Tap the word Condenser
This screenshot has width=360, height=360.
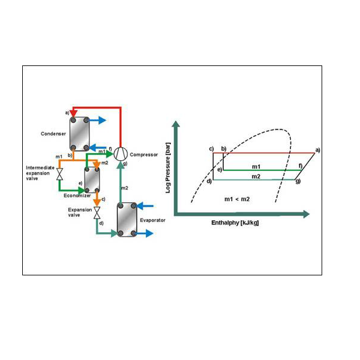(x=53, y=133)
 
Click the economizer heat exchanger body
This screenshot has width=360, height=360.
(x=93, y=179)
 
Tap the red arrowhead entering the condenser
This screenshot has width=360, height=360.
(x=73, y=113)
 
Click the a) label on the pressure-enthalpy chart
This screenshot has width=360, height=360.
(x=318, y=149)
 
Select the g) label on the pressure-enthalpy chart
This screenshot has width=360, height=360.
(x=298, y=181)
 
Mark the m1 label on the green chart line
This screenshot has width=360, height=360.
(x=256, y=166)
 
